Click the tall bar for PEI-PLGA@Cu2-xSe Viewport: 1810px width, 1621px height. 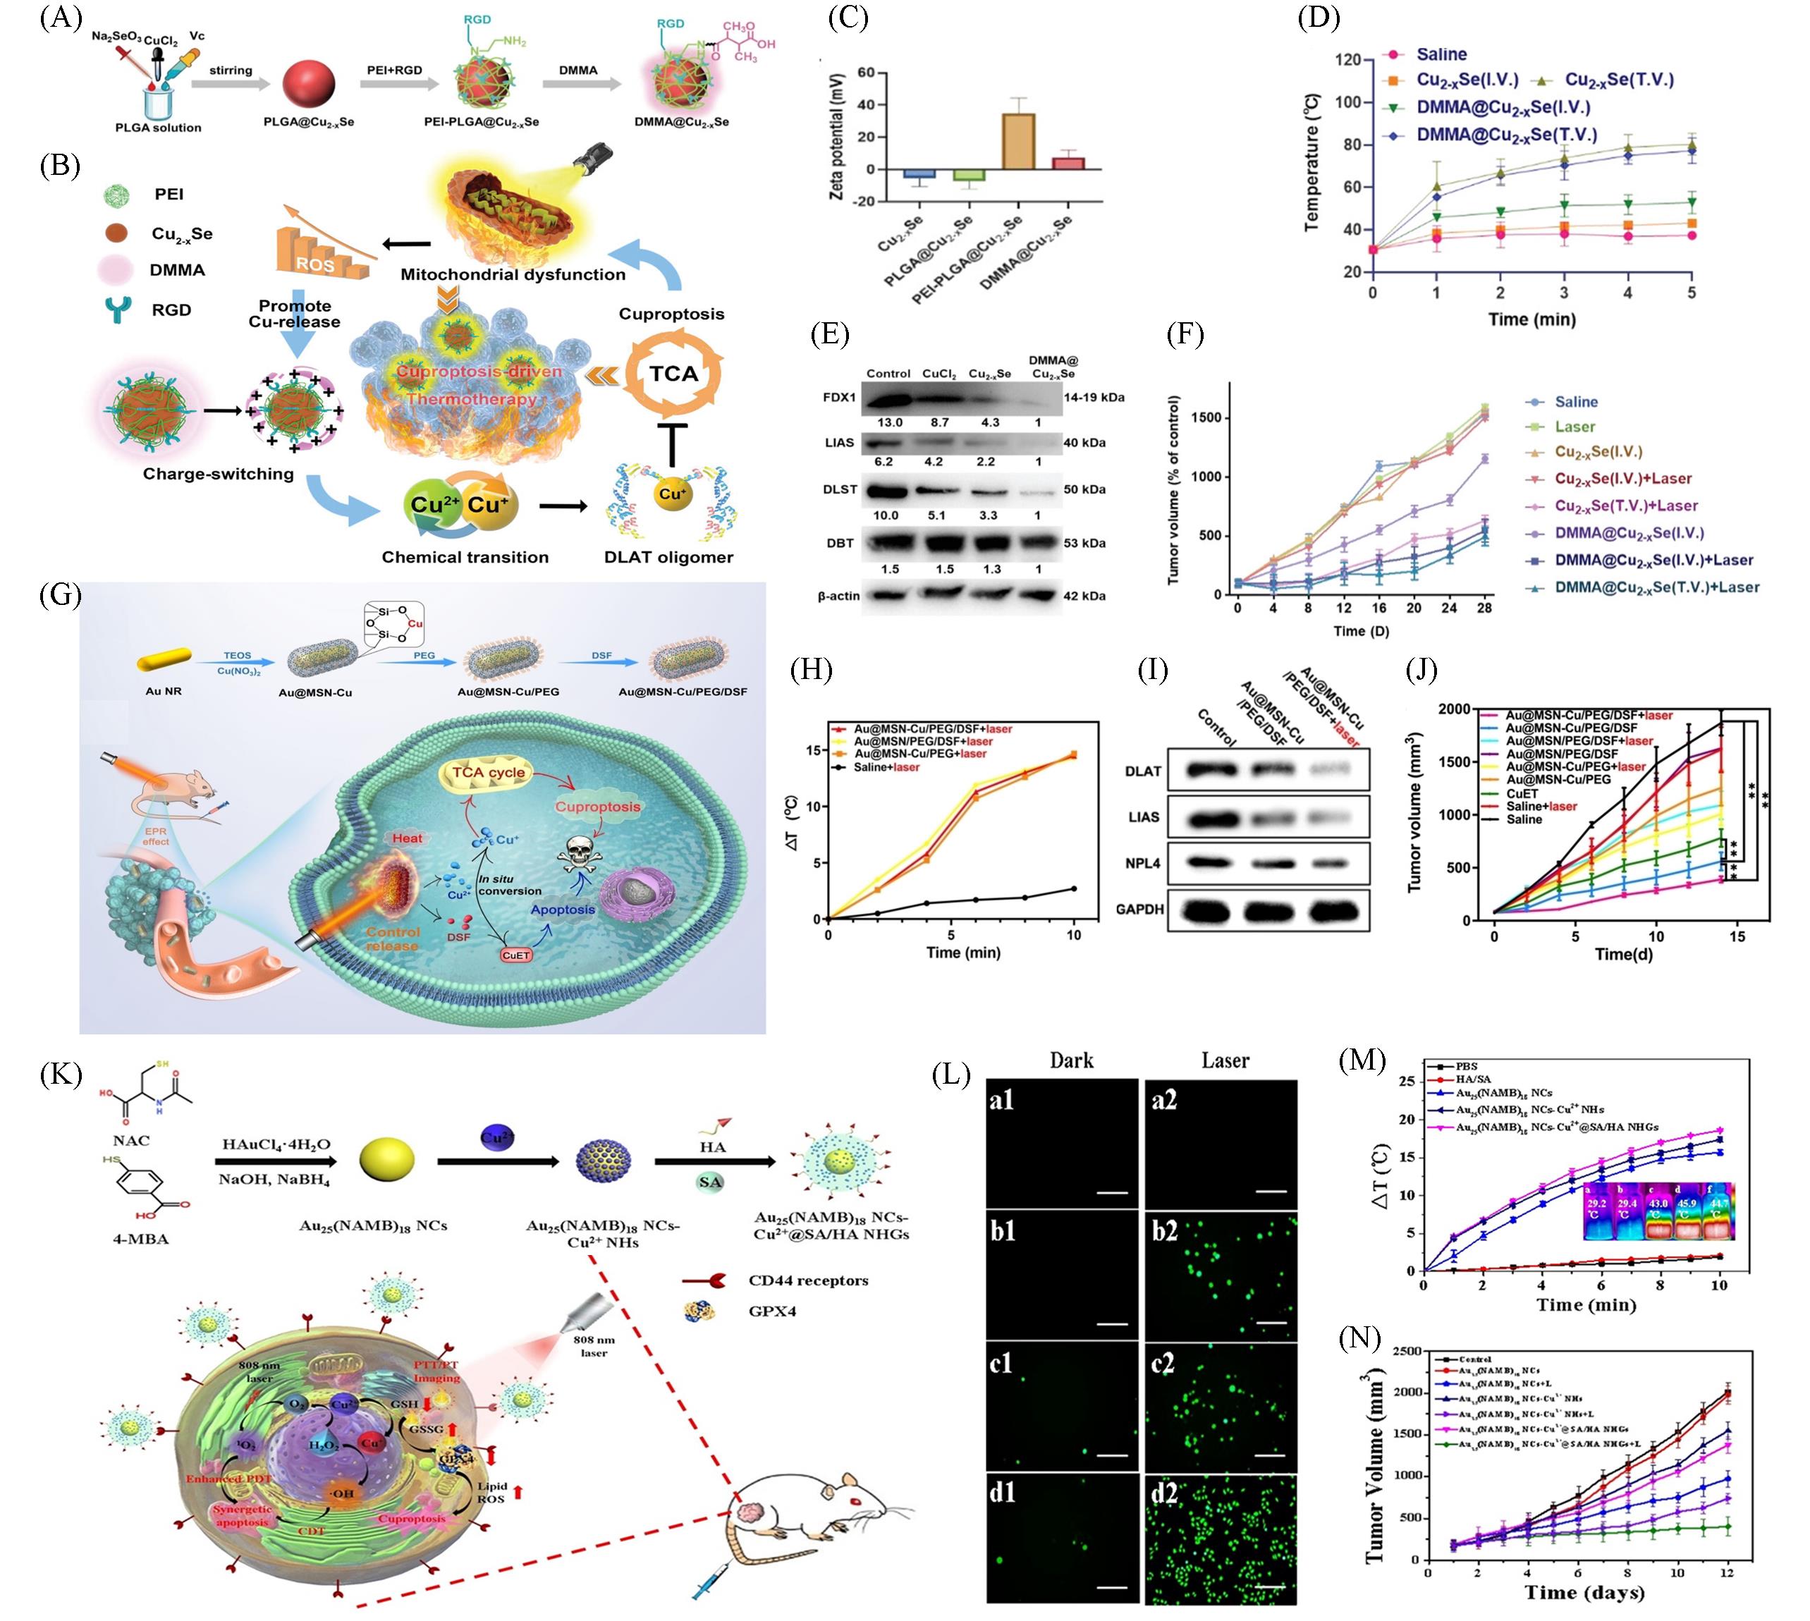coord(1017,141)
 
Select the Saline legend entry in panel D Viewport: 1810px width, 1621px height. coord(1441,54)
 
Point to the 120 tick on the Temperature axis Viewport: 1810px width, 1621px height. coord(1347,60)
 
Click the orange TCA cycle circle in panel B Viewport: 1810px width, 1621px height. coord(673,374)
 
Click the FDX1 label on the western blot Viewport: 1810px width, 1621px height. coord(838,397)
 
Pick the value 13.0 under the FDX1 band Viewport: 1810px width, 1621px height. coord(889,422)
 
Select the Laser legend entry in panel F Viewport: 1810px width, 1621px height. coord(1574,427)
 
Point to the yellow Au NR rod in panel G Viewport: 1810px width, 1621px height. coord(164,658)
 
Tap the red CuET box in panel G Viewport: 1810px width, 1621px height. coord(515,955)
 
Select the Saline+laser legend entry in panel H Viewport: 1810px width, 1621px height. coord(886,767)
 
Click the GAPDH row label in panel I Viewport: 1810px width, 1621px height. coord(1139,910)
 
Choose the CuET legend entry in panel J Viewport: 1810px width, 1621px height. coord(1522,793)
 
